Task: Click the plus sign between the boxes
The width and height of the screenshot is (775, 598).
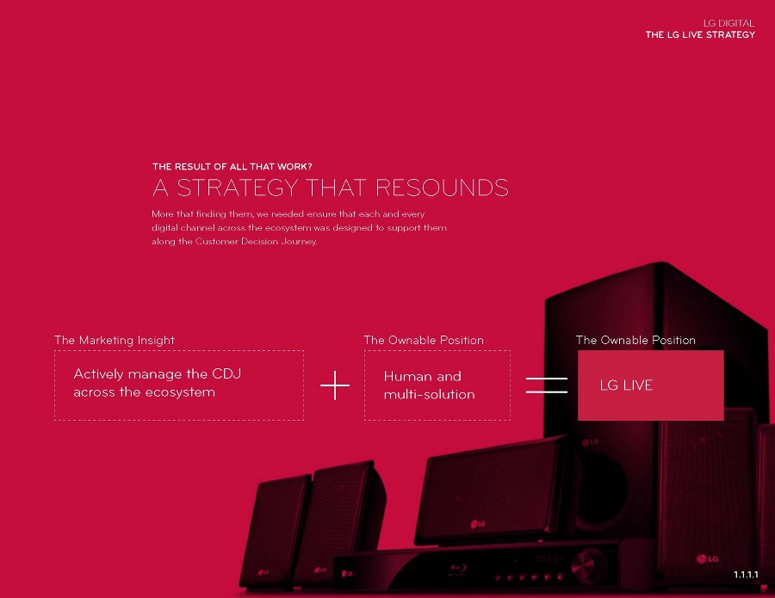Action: [x=335, y=385]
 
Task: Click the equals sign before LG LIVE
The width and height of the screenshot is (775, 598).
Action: [x=547, y=385]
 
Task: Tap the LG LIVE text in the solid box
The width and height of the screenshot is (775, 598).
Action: [x=626, y=385]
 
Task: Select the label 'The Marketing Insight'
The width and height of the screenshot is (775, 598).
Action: [x=115, y=340]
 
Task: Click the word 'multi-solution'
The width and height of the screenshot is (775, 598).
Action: [x=429, y=394]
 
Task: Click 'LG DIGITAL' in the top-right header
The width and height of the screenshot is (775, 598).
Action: [x=728, y=23]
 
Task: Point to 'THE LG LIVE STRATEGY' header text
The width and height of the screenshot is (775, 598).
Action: [x=700, y=34]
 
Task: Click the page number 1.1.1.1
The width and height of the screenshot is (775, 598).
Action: [x=745, y=574]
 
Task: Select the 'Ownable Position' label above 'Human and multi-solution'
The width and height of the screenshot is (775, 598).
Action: [x=424, y=340]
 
